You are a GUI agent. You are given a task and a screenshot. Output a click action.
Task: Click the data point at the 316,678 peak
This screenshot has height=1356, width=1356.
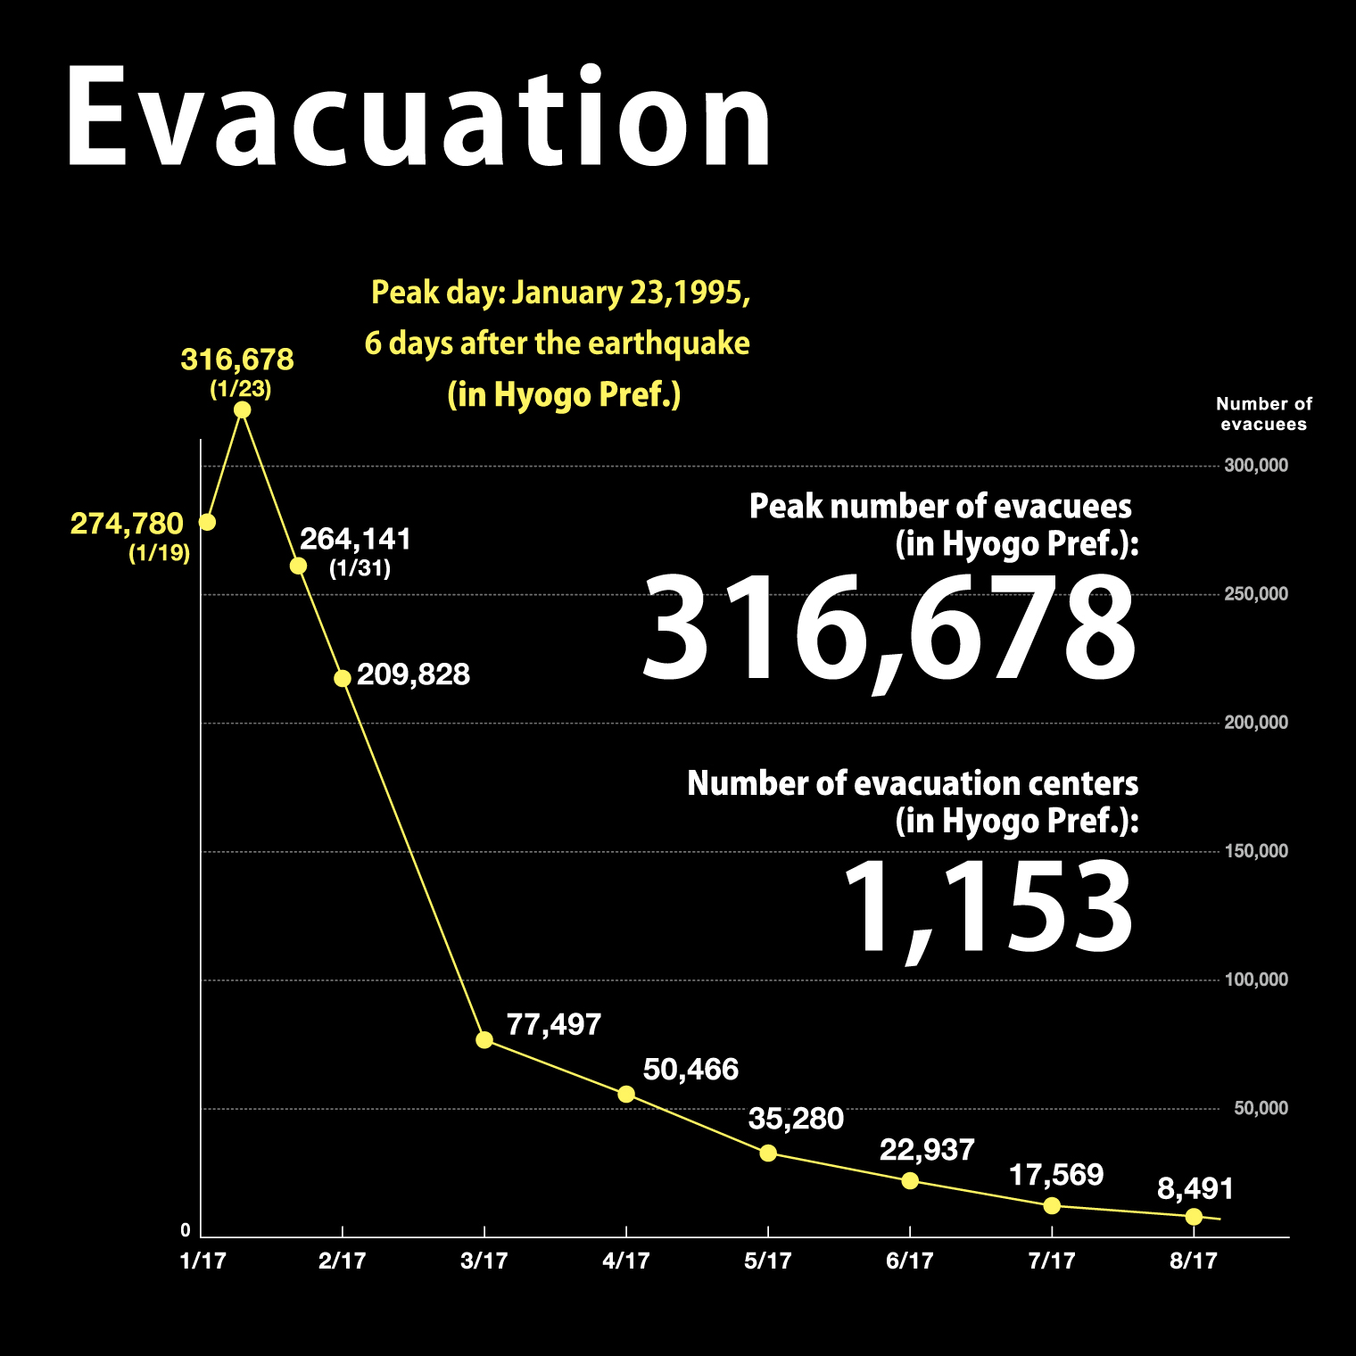click(242, 410)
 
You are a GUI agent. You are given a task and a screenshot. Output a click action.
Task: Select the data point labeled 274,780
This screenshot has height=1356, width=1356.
click(207, 522)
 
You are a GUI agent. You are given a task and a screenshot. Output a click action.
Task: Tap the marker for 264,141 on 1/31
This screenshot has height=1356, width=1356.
click(299, 566)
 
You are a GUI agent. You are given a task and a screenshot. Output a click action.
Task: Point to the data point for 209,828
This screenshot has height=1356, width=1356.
click(343, 679)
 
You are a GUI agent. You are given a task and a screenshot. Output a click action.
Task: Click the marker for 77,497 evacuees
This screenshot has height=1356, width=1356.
click(484, 1040)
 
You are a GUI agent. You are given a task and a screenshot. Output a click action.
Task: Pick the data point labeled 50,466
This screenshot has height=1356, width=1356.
click(626, 1095)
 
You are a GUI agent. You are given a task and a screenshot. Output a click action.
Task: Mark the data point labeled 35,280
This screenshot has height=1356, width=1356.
click(768, 1153)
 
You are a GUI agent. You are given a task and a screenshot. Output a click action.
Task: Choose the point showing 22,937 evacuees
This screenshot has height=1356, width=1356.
click(910, 1181)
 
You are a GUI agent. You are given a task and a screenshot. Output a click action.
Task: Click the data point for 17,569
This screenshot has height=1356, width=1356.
click(1052, 1206)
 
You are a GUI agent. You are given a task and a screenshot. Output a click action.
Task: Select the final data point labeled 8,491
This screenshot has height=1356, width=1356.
click(1194, 1217)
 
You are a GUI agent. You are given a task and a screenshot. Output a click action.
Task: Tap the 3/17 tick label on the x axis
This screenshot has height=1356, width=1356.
click(484, 1261)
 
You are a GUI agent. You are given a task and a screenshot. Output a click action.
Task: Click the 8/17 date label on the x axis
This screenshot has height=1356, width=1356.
click(1194, 1261)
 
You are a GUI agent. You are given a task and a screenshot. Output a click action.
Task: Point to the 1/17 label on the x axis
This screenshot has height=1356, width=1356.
click(203, 1261)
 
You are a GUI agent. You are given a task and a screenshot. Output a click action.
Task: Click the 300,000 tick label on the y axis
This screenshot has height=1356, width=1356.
click(1256, 466)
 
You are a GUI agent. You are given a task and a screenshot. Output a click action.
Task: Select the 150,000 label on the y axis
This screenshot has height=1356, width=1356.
click(1256, 851)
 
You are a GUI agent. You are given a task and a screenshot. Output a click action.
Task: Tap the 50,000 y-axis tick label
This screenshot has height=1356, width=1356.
click(1261, 1108)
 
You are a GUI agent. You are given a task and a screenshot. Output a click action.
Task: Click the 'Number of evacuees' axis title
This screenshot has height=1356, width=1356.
click(1263, 414)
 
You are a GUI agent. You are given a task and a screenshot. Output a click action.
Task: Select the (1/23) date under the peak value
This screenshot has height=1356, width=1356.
click(240, 390)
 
